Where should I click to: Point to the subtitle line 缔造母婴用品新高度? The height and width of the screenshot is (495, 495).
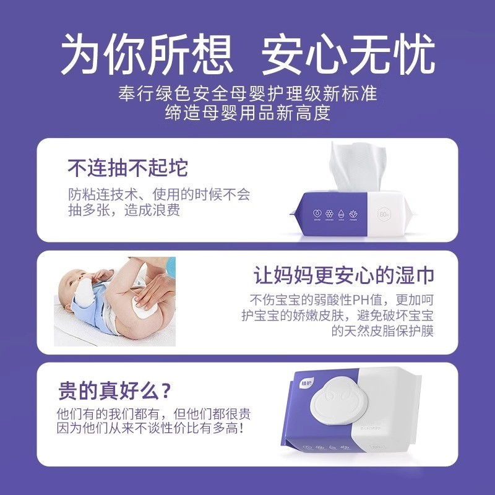[247, 113]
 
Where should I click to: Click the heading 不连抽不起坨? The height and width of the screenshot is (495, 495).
[127, 168]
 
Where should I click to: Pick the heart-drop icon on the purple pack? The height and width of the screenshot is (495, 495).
[317, 213]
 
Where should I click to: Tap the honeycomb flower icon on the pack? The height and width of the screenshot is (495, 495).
[330, 213]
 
